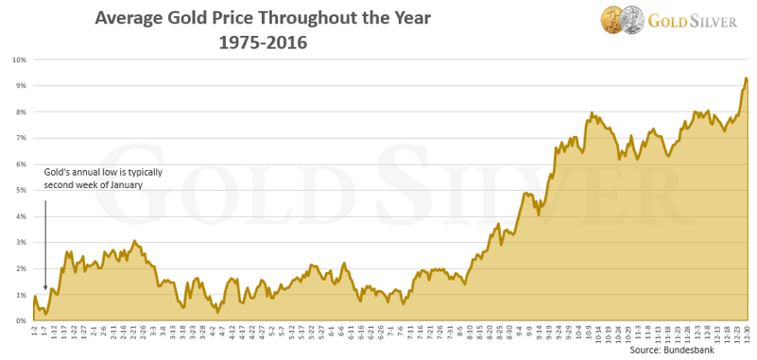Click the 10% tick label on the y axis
(19, 60)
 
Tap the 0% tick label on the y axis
(21, 321)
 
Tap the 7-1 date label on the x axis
(389, 334)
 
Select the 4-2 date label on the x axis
(211, 334)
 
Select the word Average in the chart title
(133, 19)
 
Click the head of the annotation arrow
(44, 289)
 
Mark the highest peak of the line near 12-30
(746, 78)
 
